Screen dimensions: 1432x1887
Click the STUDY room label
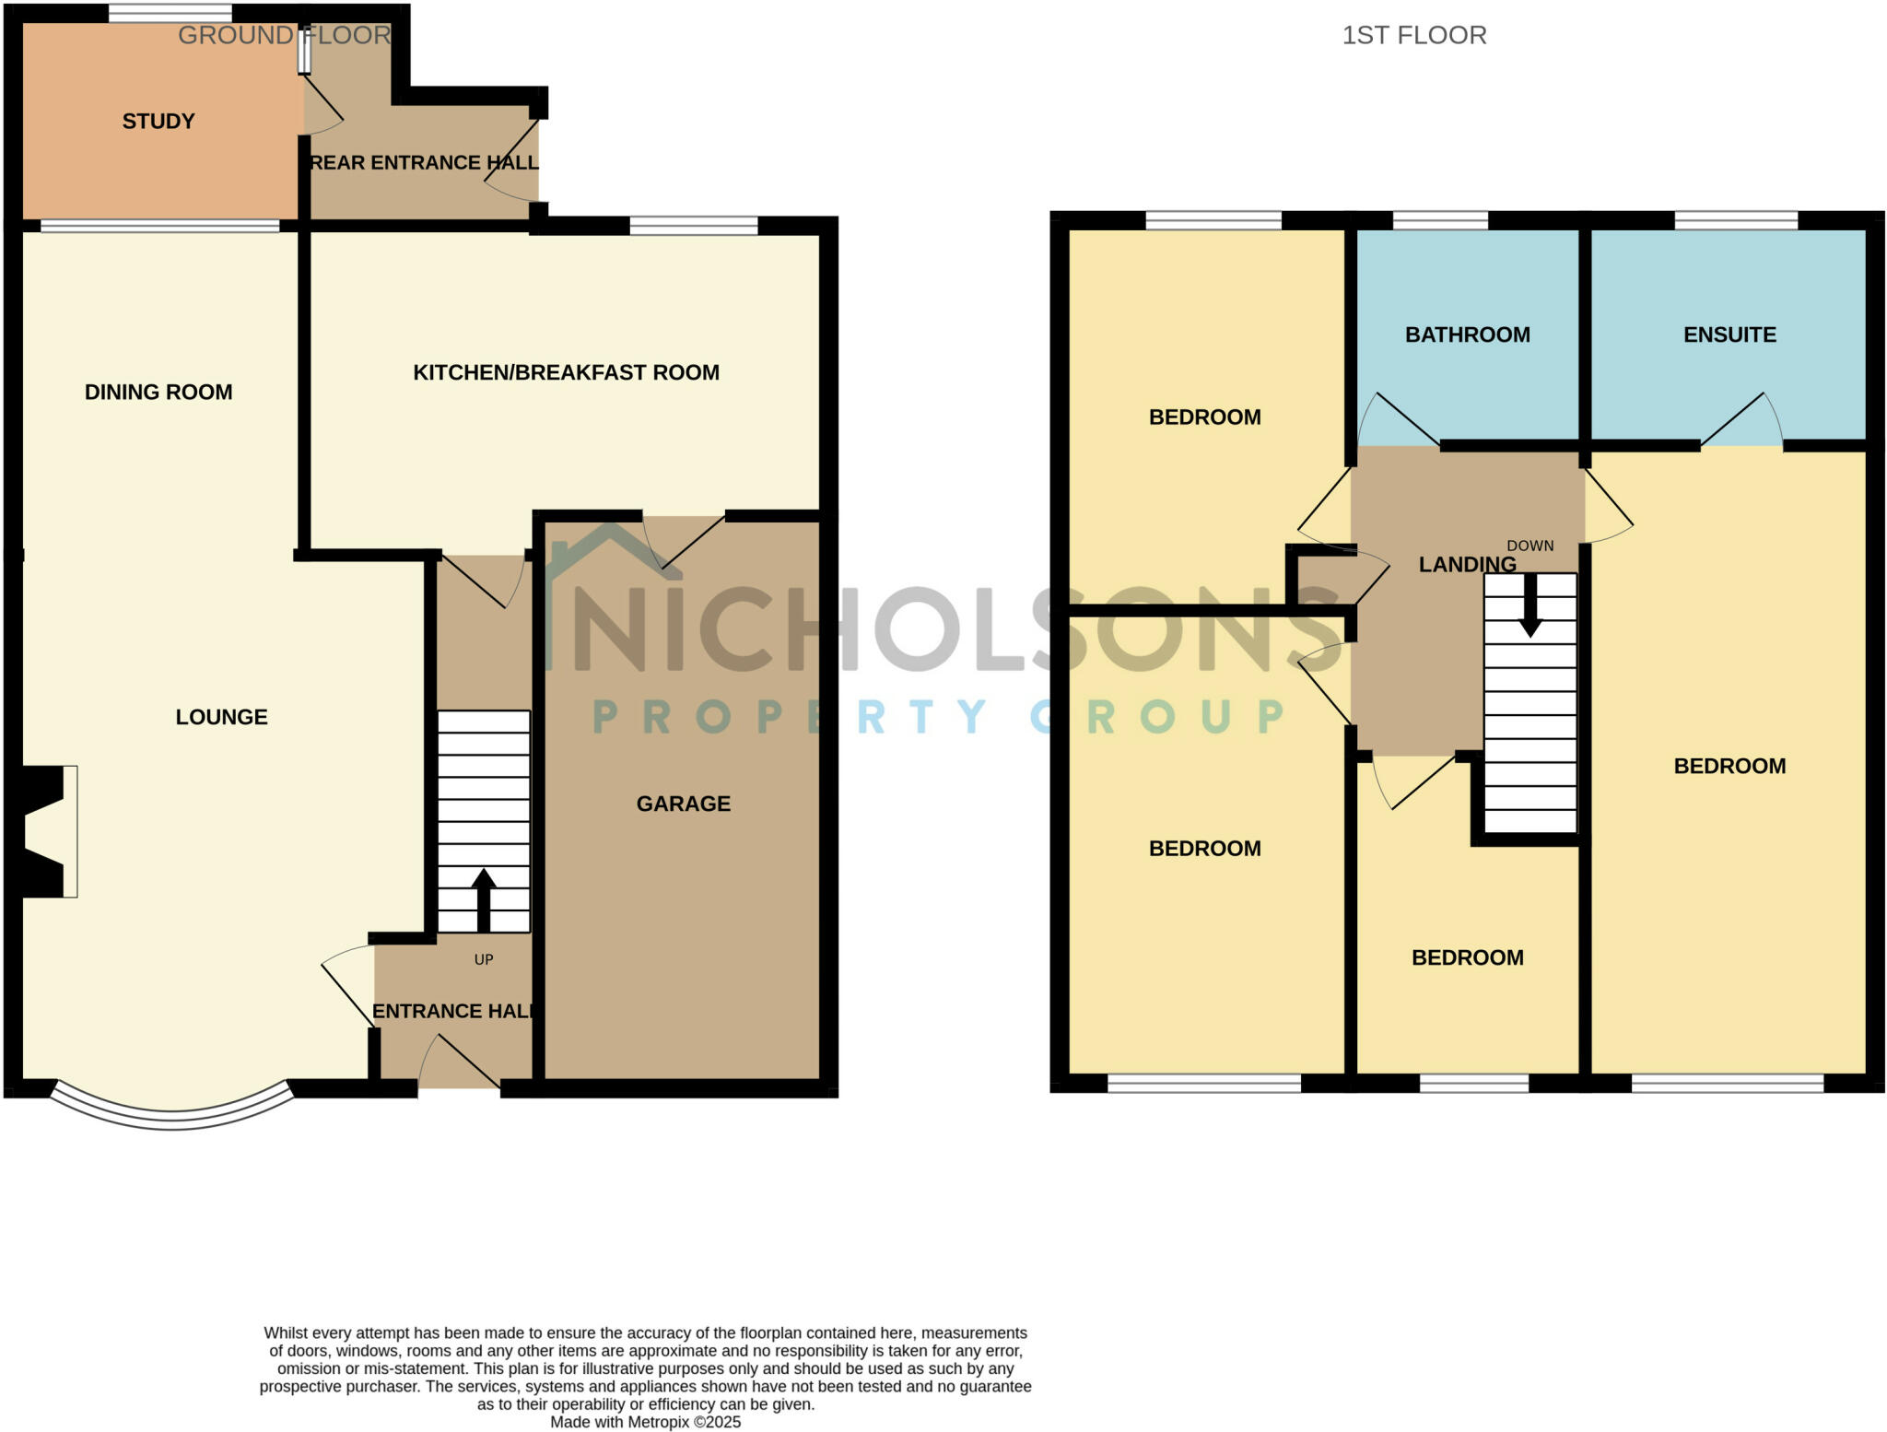(158, 122)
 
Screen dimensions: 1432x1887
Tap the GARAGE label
(683, 804)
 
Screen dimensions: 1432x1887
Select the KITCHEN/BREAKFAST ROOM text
(566, 372)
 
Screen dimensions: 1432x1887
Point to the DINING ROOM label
(158, 393)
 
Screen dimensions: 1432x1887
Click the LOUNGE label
(221, 717)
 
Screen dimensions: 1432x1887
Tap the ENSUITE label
(1729, 335)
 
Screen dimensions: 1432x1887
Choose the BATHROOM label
(1467, 335)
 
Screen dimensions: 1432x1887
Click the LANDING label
(1467, 565)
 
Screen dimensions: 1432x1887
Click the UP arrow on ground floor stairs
(484, 898)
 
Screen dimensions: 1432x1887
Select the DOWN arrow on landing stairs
(1530, 608)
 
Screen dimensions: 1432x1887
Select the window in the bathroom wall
(1440, 220)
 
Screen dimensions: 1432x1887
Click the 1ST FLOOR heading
(1413, 35)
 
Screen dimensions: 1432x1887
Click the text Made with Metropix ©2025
(645, 1422)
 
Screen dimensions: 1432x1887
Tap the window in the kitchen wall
(693, 226)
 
